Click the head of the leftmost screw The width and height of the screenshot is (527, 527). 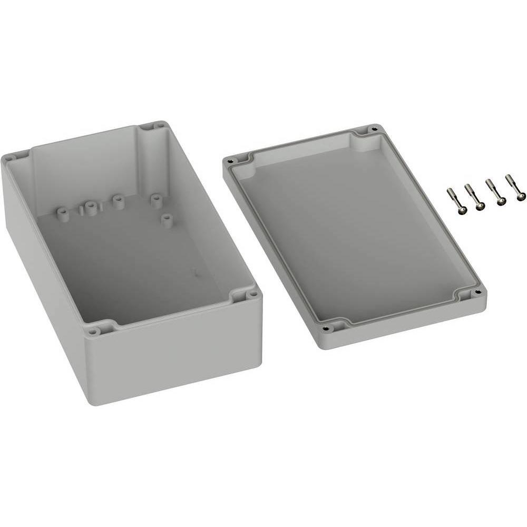coord(462,210)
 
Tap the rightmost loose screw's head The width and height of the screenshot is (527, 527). coord(521,197)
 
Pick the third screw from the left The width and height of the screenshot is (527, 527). coord(501,201)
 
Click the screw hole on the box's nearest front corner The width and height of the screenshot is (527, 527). coord(93,331)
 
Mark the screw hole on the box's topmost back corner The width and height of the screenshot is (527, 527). coord(159,126)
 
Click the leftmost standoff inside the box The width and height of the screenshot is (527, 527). coord(63,213)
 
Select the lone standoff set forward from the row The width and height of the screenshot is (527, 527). coord(167,219)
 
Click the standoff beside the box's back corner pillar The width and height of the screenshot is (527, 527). coord(156,200)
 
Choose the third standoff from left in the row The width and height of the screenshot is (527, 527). coord(118,201)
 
